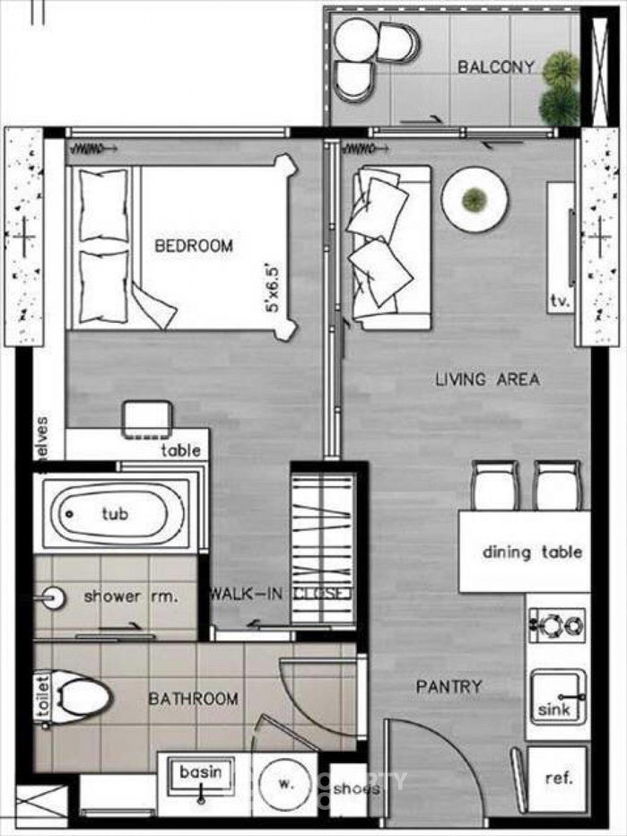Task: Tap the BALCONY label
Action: [496, 67]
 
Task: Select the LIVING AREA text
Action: [487, 379]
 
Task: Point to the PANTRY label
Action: [448, 687]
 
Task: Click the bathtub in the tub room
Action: [114, 514]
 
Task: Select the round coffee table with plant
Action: [475, 199]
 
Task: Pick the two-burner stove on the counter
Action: [556, 624]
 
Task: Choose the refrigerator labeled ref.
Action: [558, 779]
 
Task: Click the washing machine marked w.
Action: [286, 783]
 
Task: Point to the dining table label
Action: [532, 553]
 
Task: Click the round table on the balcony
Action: [356, 39]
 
